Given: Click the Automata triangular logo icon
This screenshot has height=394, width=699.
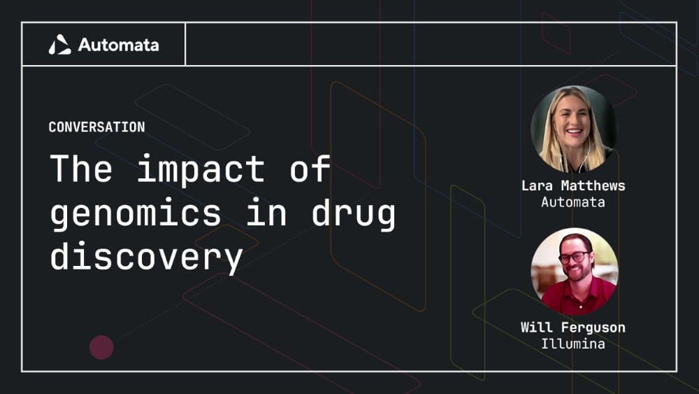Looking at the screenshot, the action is point(59,45).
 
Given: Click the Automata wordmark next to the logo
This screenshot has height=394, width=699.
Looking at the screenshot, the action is point(119,45).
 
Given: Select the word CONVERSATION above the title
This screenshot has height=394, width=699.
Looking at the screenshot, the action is point(96,127).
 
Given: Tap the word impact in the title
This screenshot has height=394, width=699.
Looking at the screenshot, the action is point(201,169).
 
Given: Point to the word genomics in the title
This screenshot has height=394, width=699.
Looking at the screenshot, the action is point(136,213).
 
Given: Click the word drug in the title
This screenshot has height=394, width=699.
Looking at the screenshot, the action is point(353,213).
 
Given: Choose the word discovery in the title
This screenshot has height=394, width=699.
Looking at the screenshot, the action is point(146,256).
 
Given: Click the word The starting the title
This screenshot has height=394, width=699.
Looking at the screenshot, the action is point(80,168).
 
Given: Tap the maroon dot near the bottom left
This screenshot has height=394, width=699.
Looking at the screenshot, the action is point(101,347).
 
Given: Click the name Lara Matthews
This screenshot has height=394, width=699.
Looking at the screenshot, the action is point(573,185).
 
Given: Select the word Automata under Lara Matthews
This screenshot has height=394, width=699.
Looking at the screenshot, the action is point(573,202).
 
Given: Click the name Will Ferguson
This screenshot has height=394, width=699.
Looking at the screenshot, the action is point(573,328).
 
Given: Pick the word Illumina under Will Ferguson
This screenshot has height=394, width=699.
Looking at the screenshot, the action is point(573,344).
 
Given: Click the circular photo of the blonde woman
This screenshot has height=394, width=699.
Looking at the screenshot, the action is point(574,129).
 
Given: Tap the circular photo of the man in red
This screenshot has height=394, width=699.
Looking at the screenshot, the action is point(575,272).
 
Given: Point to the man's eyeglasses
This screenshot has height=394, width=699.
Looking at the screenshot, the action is point(575,257).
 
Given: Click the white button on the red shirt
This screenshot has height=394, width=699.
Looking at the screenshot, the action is point(580,307).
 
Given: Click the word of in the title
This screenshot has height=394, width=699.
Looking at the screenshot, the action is point(310,168).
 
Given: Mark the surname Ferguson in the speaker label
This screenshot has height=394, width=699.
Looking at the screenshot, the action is point(593,328).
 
